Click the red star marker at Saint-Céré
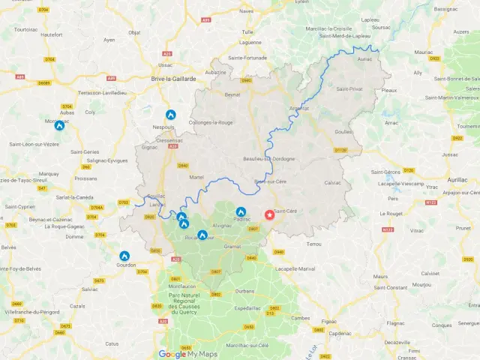pos(270,214)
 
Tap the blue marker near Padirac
pos(241,212)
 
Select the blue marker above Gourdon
pos(124,256)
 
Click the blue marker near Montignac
pos(59,125)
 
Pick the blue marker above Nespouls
pos(170,115)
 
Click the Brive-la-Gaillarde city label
pos(173,78)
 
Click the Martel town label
pos(197,177)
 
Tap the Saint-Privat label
pos(349,89)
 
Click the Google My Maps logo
pos(187,354)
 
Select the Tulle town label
pos(247,32)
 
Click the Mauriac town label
pos(423,52)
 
